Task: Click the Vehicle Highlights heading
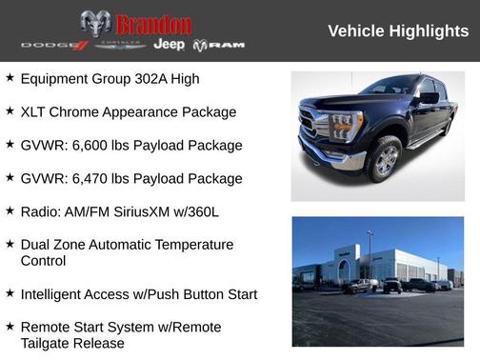click(397, 31)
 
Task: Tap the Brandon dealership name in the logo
click(153, 24)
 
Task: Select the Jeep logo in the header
click(169, 45)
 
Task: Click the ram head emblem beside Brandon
click(95, 24)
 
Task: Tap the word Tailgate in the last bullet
click(50, 343)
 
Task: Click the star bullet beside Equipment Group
click(10, 77)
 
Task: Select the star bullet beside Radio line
click(10, 210)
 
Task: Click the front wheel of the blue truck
click(386, 161)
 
